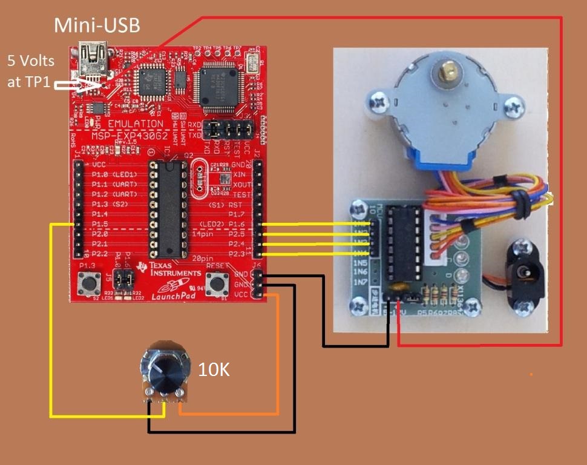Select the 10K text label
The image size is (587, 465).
click(x=214, y=369)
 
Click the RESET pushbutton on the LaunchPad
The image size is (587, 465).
click(x=216, y=282)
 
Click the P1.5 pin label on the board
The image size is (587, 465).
click(x=100, y=224)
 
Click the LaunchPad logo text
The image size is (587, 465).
click(x=169, y=295)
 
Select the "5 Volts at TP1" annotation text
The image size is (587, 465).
click(x=31, y=71)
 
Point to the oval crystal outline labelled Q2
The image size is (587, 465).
click(x=203, y=179)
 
